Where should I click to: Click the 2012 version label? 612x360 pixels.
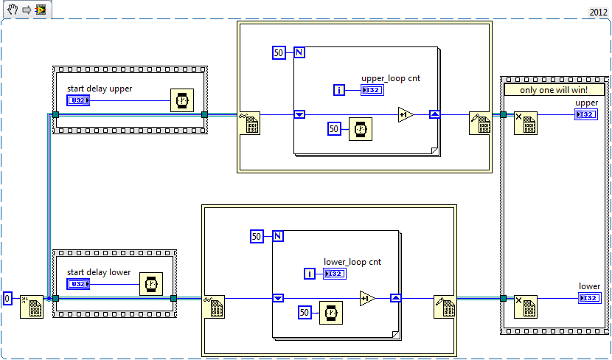point(598,12)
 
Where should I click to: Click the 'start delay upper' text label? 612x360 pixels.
point(100,89)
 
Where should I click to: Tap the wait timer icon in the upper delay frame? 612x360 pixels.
point(182,100)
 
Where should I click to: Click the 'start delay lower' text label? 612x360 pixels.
point(99,272)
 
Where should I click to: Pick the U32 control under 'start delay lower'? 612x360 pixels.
point(78,283)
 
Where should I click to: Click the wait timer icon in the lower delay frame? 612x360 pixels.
point(151,283)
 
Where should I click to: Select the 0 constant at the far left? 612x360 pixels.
point(7,298)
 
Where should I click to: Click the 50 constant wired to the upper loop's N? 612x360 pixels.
point(279,52)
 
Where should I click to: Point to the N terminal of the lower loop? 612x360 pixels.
point(278,236)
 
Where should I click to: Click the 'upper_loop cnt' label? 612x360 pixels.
point(391,78)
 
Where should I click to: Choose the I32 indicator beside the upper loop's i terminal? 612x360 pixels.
point(372,90)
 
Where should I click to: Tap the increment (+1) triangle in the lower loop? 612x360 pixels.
point(367,298)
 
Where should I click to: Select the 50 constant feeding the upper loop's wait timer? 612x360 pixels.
point(334,129)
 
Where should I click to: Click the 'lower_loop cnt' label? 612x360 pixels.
point(352,262)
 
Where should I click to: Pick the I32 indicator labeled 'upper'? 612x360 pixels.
point(587,114)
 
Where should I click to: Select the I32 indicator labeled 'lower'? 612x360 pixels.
point(590,298)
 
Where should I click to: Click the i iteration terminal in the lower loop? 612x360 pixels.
point(310,274)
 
